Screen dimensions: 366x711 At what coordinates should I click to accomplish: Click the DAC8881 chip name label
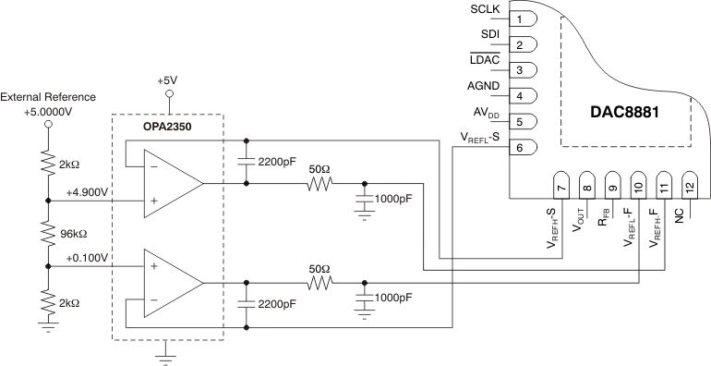point(629,113)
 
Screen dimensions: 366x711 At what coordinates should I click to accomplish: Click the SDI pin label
point(491,35)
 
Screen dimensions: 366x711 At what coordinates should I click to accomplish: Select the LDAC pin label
point(486,60)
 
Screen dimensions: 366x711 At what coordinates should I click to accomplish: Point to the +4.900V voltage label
point(88,190)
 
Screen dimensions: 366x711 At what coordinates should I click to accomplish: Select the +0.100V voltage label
point(88,257)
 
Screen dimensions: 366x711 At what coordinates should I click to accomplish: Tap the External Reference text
point(48,96)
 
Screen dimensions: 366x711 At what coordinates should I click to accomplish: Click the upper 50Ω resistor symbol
point(319,183)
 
